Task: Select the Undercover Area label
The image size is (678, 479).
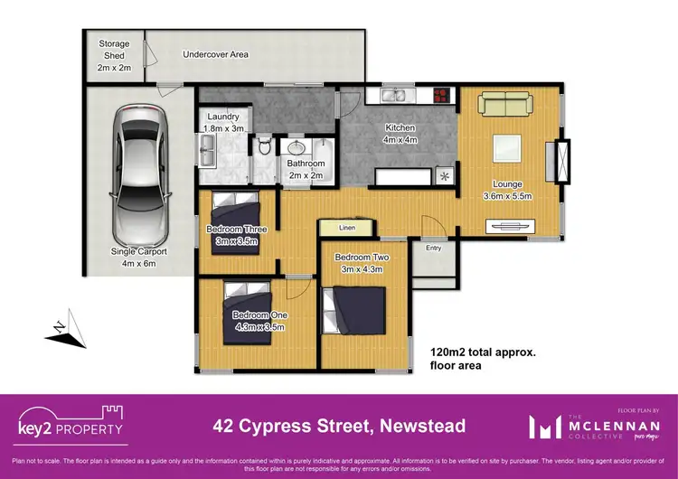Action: (215, 54)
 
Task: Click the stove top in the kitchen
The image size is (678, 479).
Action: (441, 95)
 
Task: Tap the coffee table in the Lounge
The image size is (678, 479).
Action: (507, 147)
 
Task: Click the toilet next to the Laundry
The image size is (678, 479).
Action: (263, 146)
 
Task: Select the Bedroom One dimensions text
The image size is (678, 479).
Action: (259, 326)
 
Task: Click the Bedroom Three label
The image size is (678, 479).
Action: (236, 229)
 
